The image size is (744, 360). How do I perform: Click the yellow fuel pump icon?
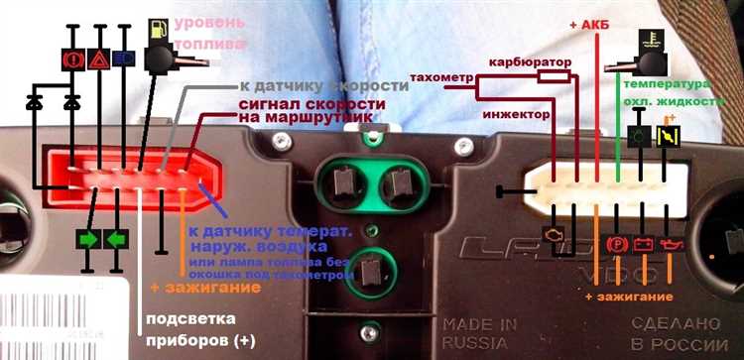[158, 31]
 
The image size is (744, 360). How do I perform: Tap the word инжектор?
[514, 114]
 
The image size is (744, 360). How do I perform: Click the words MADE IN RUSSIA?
[481, 334]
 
